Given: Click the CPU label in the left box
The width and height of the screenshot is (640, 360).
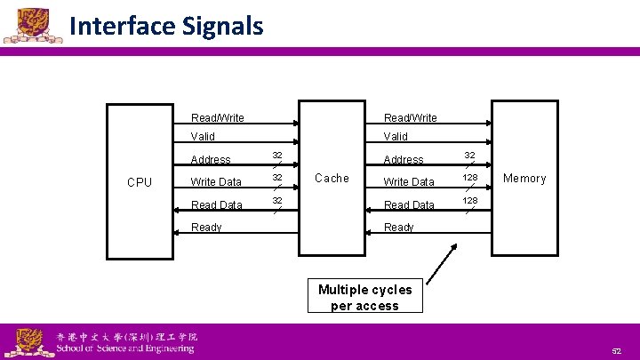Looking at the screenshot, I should [x=140, y=182].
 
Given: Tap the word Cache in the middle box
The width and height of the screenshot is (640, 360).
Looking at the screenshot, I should [x=332, y=179].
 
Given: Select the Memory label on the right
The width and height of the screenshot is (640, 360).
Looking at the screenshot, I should [x=524, y=179].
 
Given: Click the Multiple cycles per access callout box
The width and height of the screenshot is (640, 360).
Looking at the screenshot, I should [x=364, y=297].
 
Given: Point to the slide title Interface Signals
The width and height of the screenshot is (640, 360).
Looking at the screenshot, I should [x=165, y=27].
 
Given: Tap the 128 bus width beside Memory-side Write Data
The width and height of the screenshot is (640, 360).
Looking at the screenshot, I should [x=469, y=178].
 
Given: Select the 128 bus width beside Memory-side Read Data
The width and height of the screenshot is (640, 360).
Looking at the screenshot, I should [x=469, y=201].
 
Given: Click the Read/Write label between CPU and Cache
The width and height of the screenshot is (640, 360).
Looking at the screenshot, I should [x=218, y=118].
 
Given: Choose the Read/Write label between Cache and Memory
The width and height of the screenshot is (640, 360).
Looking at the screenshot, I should [x=410, y=118].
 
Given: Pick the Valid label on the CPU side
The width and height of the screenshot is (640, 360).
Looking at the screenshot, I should [x=203, y=137].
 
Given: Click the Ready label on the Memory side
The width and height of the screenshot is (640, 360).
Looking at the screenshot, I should [x=398, y=228].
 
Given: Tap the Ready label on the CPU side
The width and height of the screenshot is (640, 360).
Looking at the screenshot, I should [x=206, y=228].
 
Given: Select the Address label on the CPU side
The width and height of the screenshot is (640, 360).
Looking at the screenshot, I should [x=211, y=160].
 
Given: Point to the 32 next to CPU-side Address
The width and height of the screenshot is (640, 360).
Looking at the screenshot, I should [x=277, y=155].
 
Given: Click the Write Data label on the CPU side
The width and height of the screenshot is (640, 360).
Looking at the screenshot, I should [x=216, y=182].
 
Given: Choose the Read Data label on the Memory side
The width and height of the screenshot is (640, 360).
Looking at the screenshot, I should [x=409, y=205].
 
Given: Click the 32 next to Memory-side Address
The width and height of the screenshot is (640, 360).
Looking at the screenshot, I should [x=469, y=155].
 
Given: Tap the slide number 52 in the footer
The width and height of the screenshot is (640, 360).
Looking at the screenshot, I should [x=616, y=351].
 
